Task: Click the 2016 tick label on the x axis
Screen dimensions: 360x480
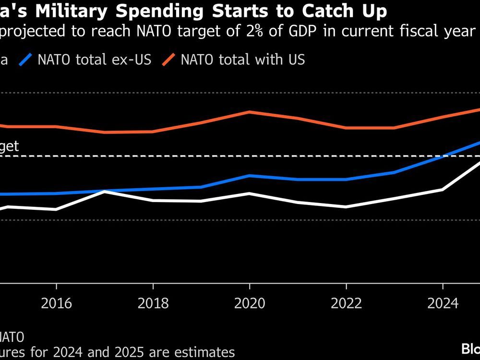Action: pos(57,303)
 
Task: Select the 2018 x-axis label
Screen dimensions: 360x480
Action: pos(153,303)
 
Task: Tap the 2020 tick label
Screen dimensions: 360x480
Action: pos(250,303)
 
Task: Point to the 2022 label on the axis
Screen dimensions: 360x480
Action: pos(346,303)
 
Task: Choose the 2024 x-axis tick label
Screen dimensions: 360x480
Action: pos(443,303)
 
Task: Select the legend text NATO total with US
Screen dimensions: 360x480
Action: pos(242,60)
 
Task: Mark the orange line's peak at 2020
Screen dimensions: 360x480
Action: pos(250,112)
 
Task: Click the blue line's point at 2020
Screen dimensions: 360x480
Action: pos(250,176)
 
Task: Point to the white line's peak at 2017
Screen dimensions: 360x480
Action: pos(105,191)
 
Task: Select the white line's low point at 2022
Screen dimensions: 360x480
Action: pos(346,207)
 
